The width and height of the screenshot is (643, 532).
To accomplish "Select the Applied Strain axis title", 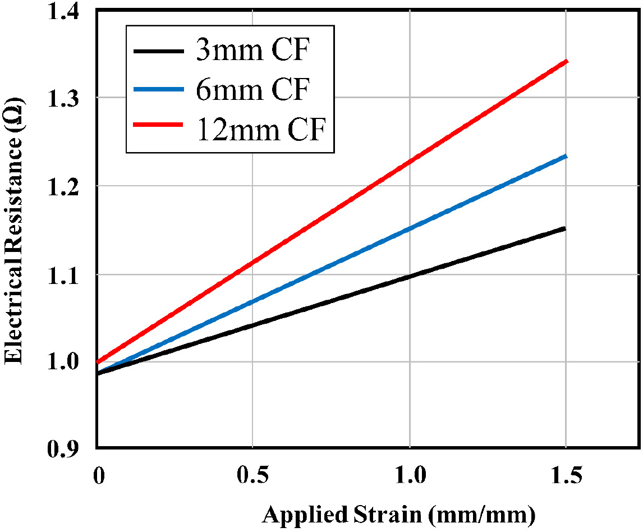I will (x=398, y=513).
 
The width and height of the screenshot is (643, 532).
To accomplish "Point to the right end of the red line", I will (x=567, y=61).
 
